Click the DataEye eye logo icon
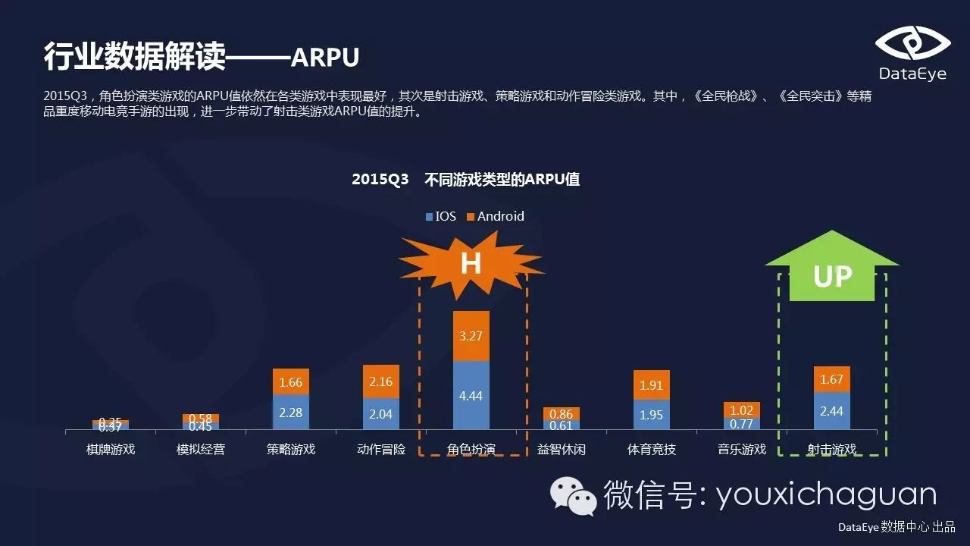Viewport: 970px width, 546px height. click(912, 43)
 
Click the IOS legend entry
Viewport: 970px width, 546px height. click(440, 216)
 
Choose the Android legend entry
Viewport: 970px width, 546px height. click(495, 216)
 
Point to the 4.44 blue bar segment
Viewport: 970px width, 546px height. click(471, 396)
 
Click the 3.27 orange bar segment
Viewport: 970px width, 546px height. click(471, 336)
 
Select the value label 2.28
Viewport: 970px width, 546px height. click(291, 413)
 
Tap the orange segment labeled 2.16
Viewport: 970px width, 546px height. click(381, 381)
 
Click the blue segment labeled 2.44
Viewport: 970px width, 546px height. click(832, 411)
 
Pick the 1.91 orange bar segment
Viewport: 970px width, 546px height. click(652, 385)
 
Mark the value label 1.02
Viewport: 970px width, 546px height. click(742, 410)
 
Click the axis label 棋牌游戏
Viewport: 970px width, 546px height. click(111, 449)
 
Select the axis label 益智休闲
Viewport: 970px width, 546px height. click(562, 449)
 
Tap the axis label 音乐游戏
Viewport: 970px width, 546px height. click(742, 449)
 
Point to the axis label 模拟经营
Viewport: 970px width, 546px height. click(201, 449)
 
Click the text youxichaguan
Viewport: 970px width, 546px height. click(827, 495)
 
